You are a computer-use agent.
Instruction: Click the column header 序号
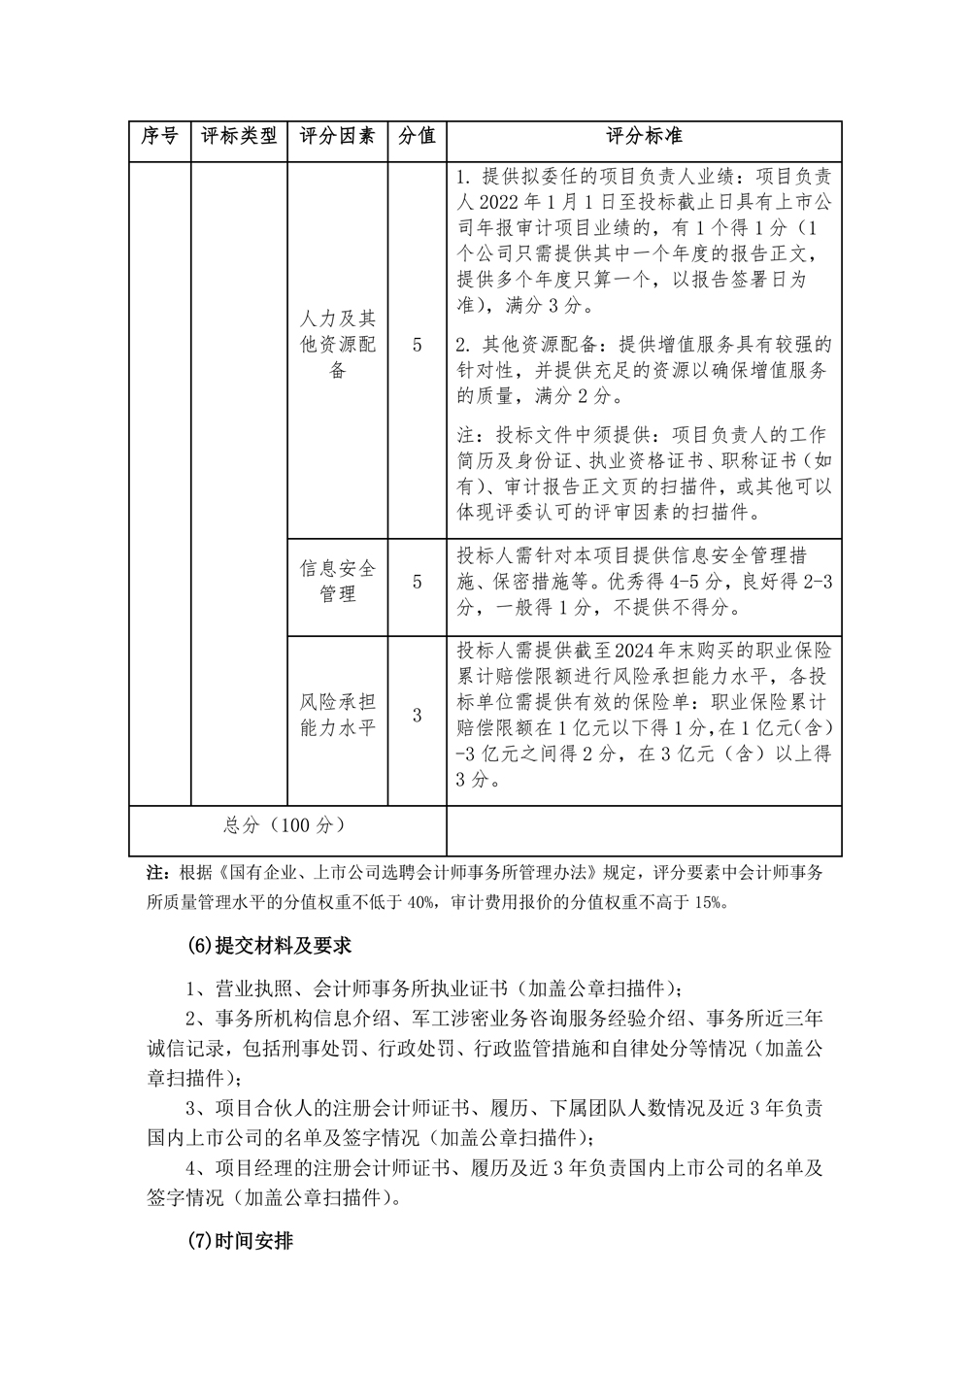coord(159,137)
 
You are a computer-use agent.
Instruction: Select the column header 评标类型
coord(239,137)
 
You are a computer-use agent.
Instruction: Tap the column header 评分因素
coord(337,137)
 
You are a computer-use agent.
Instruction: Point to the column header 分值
coord(417,137)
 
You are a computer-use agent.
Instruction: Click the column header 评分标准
coord(644,137)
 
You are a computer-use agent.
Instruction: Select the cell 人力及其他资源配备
coord(337,345)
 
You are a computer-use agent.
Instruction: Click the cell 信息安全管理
coord(337,581)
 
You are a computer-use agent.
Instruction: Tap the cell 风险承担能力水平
coord(337,715)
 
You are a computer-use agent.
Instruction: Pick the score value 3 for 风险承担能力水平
coord(417,716)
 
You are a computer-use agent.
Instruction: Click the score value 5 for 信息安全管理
coord(417,582)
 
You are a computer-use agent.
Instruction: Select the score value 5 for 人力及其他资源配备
coord(417,345)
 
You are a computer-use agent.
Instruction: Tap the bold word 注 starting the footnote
coord(152,872)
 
